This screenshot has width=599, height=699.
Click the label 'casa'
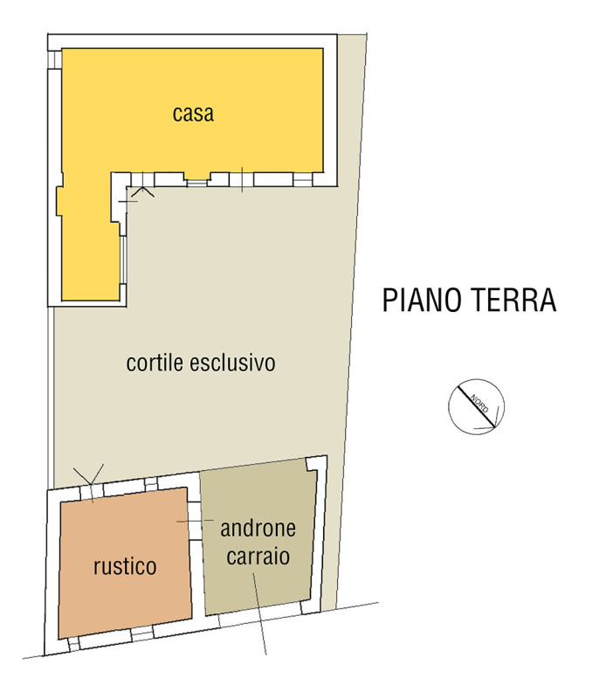193,114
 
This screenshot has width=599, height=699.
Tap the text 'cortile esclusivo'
201,363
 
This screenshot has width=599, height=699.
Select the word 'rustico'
125,566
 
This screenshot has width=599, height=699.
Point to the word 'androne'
258,529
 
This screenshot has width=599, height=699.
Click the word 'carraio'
258,556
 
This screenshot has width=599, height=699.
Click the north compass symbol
476,406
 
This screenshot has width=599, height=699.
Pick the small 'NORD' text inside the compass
479,404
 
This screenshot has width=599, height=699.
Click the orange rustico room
125,562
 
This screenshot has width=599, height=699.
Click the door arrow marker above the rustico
89,474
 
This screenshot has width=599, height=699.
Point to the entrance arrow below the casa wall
142,191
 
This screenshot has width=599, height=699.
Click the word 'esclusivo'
232,363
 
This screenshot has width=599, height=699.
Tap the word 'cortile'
155,363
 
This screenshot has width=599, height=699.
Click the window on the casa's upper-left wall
54,59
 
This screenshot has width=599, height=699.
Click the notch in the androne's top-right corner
311,465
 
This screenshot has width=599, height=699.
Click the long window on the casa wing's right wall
123,260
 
